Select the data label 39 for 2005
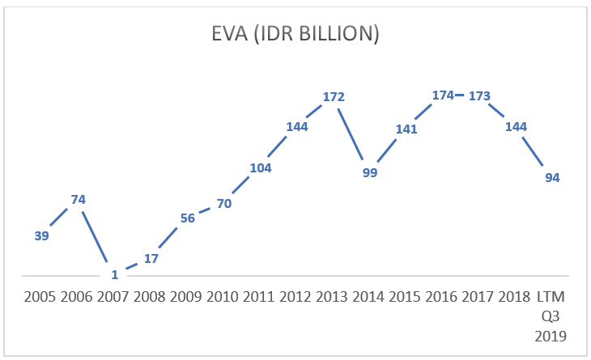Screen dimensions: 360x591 coord(42,235)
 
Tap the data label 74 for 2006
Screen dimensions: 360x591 coord(79,199)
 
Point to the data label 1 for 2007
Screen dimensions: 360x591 coord(115,274)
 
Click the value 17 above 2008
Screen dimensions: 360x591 coord(151,259)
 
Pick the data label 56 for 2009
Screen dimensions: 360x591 coord(188,218)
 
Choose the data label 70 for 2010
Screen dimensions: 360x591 coord(224,204)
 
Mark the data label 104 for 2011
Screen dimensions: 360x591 coord(261,168)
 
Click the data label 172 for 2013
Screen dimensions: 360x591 coord(334,97)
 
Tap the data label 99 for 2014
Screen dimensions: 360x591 coord(370,173)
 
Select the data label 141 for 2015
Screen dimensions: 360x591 coord(406,129)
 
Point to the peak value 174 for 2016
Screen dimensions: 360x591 coord(443,95)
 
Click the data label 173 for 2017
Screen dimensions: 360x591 coord(479,95)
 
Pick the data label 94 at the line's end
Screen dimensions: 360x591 coord(552,178)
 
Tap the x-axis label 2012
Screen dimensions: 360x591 coord(297,296)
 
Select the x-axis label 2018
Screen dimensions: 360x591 coord(516,296)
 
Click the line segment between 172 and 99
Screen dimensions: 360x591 coord(351,134)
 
